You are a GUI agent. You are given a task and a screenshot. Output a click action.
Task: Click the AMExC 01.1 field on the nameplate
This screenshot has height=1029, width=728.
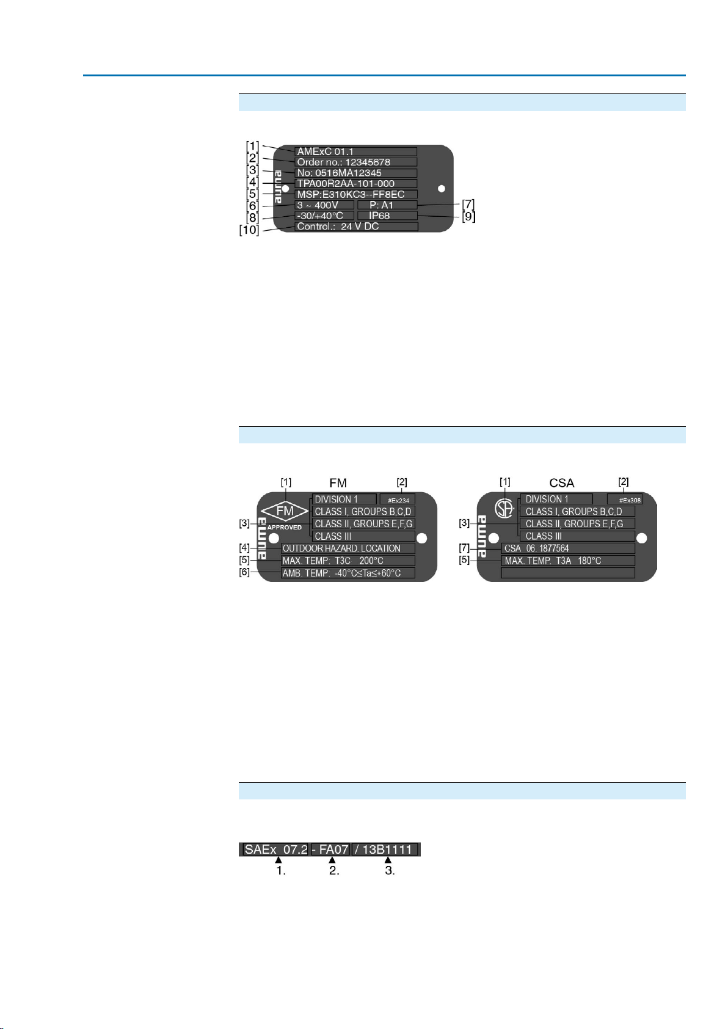[355, 151]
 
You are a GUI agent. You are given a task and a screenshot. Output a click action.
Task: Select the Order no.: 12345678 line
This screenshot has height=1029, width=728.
[355, 162]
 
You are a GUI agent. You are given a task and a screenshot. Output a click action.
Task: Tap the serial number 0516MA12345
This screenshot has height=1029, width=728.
[355, 173]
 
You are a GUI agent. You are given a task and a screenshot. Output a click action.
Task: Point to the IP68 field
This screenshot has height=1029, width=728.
[387, 216]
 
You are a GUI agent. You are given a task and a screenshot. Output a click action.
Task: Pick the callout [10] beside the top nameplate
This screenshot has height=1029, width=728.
[249, 230]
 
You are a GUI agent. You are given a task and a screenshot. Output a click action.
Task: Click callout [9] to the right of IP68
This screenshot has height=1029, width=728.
[468, 216]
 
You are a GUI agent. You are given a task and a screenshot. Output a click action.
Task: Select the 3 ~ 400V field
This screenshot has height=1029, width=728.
[324, 205]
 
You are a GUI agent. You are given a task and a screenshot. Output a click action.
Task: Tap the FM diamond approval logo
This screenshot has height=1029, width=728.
[285, 511]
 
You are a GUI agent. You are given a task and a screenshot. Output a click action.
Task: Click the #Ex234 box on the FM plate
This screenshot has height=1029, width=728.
[398, 500]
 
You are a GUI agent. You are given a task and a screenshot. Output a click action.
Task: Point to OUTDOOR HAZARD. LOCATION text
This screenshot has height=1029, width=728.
[348, 548]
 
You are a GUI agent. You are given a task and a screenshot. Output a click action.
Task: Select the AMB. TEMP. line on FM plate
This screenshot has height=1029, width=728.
[348, 573]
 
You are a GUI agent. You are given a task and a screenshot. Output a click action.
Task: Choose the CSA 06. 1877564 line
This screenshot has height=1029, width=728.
[567, 548]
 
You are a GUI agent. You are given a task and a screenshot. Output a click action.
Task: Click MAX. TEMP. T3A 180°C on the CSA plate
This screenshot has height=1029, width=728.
[567, 561]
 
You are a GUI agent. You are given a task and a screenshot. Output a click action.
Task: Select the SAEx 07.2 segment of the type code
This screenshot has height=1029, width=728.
[275, 849]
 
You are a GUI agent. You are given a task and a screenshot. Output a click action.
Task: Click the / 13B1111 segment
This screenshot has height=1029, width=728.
[386, 849]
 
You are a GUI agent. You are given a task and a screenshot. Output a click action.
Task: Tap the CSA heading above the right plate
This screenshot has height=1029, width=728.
[562, 483]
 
